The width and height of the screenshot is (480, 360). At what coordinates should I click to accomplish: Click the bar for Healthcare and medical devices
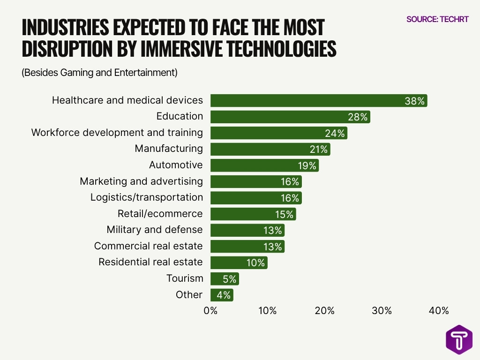click(x=319, y=100)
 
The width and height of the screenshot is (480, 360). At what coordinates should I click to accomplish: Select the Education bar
click(x=290, y=117)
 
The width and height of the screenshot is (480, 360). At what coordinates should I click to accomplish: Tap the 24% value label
click(x=335, y=133)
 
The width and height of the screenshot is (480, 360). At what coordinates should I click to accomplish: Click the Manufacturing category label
click(x=169, y=149)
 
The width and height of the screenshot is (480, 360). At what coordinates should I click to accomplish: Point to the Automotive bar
click(x=264, y=165)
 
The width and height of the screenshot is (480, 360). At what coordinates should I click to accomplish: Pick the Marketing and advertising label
click(x=141, y=181)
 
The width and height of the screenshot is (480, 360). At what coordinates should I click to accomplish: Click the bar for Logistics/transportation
click(x=256, y=198)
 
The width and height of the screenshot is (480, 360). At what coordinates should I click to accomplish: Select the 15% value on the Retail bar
click(x=284, y=214)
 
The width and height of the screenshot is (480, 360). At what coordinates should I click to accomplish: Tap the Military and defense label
click(x=155, y=230)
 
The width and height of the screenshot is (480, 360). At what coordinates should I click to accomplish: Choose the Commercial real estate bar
click(x=247, y=246)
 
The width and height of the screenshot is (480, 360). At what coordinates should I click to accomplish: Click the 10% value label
click(x=256, y=262)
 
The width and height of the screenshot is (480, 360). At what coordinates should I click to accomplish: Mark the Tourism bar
click(x=225, y=279)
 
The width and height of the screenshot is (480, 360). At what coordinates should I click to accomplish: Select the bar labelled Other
click(x=222, y=295)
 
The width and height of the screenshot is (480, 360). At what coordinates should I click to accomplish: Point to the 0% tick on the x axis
click(x=210, y=310)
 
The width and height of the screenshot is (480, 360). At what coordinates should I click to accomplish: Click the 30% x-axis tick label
click(x=382, y=310)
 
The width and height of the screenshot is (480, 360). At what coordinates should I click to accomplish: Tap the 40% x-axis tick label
click(x=439, y=310)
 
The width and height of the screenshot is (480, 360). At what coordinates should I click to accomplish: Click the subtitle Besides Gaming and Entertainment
click(x=99, y=73)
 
